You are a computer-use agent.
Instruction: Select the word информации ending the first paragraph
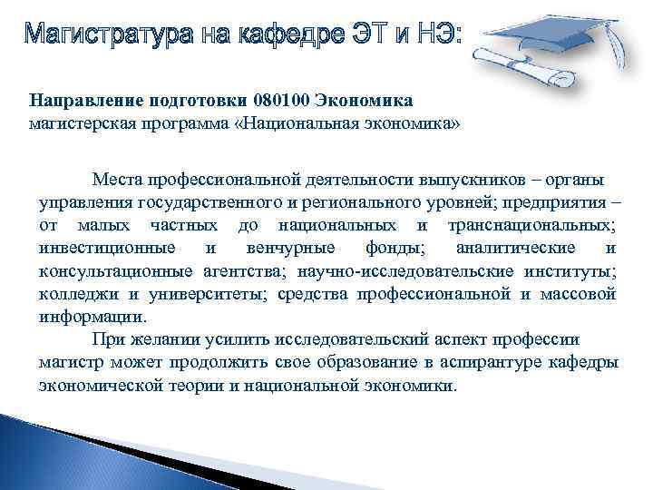point(91,317)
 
